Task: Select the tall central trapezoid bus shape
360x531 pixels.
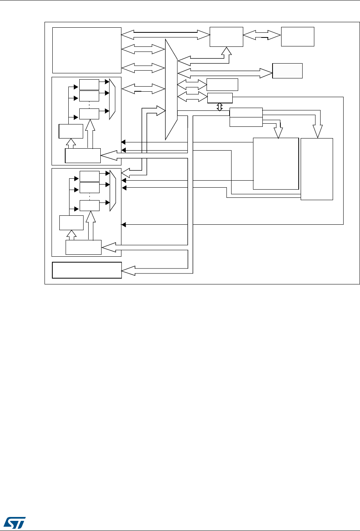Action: [x=171, y=89]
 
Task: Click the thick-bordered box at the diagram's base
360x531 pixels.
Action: [x=87, y=270]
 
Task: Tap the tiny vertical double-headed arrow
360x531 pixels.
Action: [x=220, y=107]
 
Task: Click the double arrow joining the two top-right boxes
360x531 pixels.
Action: [x=262, y=36]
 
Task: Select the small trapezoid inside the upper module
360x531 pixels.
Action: [x=112, y=99]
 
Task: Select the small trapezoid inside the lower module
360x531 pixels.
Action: [x=112, y=190]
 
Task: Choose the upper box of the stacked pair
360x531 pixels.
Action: [x=246, y=112]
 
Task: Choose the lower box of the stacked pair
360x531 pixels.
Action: [x=246, y=122]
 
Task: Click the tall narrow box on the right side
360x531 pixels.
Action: [x=317, y=169]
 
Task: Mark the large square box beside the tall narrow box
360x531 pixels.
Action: [x=276, y=163]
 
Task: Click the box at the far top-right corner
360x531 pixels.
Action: [x=298, y=37]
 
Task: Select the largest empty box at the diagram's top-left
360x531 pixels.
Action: [x=87, y=50]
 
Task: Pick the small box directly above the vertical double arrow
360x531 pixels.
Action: [x=220, y=98]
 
